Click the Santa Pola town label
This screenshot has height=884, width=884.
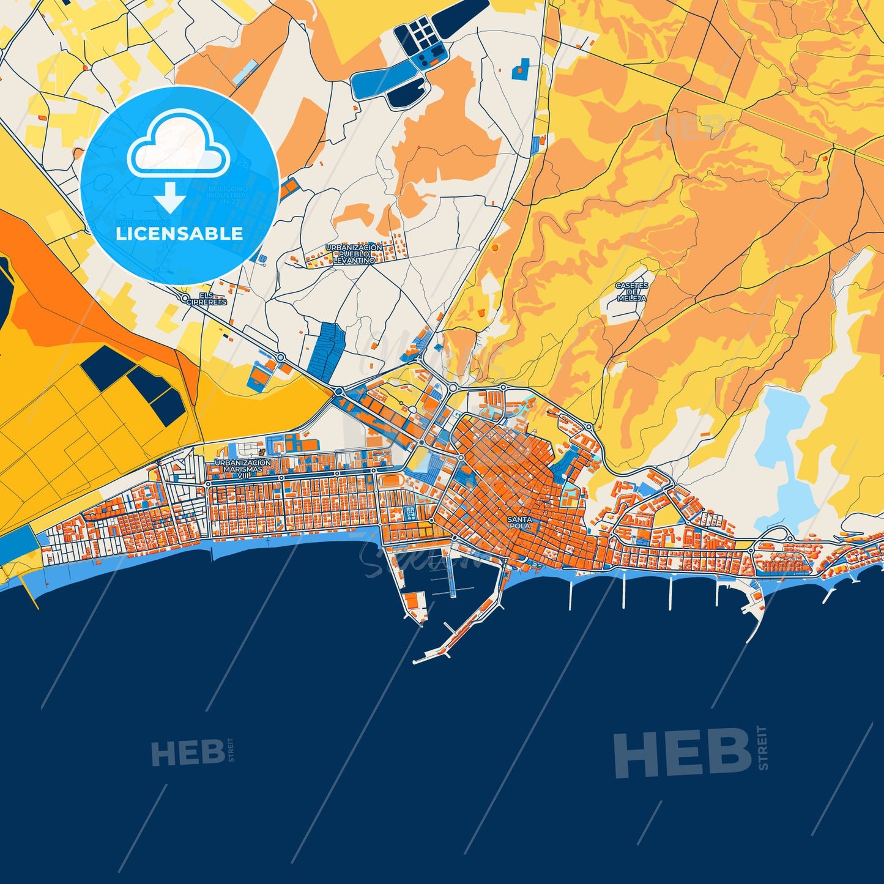tap(520, 522)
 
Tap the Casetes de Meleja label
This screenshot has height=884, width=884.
tap(632, 292)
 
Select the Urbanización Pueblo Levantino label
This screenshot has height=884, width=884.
tap(354, 254)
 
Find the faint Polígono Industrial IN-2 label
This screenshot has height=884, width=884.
tap(228, 196)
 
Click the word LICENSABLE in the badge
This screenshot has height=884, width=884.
tap(179, 234)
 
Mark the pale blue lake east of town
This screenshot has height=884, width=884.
tap(783, 453)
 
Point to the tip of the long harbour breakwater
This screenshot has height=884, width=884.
tap(415, 661)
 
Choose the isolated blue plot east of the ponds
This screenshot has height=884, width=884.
tap(521, 67)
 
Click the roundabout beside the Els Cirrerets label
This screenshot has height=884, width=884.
tap(186, 298)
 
